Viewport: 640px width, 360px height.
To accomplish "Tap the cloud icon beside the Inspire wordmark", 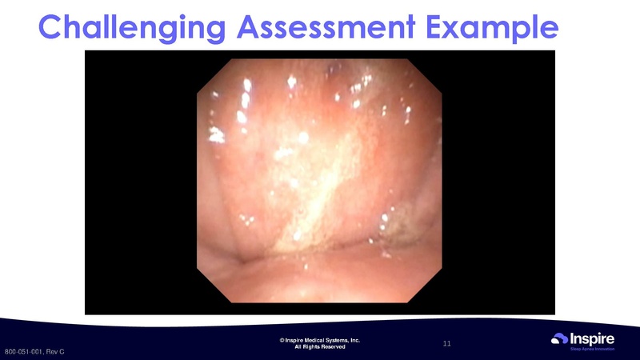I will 561,339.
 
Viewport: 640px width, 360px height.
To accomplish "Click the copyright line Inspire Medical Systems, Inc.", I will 320,341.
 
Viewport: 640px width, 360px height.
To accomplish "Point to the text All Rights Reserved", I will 320,347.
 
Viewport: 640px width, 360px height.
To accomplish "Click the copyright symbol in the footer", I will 282,341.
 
